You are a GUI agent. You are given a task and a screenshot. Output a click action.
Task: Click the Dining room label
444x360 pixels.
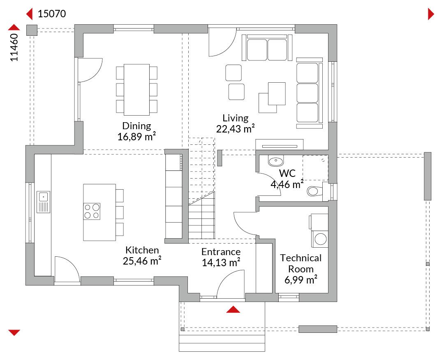tap(136, 125)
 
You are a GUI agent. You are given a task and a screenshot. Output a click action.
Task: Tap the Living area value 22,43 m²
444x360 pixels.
tap(235, 129)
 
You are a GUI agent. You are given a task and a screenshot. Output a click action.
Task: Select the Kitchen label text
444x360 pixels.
tap(142, 250)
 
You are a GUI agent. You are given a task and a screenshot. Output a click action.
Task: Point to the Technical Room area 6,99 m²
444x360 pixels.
tap(301, 280)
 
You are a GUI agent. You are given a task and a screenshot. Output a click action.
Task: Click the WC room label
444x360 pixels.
tap(287, 173)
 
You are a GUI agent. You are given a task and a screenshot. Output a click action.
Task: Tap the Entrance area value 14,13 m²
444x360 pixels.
tap(221, 262)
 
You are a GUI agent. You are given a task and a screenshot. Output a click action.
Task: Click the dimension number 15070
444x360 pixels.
tap(52, 14)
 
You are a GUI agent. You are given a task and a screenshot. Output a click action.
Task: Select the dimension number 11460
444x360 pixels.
tap(14, 47)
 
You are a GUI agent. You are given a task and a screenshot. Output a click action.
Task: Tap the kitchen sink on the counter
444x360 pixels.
tap(43, 202)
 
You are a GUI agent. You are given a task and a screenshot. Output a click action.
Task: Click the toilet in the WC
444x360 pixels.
tap(315, 191)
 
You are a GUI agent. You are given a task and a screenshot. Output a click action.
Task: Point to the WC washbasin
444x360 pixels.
tap(275, 161)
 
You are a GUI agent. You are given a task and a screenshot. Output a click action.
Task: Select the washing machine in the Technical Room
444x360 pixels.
tap(320, 239)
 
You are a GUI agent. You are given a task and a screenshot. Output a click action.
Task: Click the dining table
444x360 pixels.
tap(137, 90)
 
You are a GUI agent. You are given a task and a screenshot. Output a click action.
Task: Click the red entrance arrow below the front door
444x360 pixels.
tap(233, 309)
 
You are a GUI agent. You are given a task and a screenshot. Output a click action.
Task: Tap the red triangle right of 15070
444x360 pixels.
tap(431, 14)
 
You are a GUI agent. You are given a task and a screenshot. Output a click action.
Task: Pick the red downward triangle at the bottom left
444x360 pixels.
tap(14, 332)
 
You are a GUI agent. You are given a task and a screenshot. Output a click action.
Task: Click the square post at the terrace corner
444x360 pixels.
tap(32, 30)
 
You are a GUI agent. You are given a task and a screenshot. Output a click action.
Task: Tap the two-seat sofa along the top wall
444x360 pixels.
tap(267, 48)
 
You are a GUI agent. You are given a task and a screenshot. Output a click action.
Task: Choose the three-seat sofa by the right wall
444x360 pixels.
tap(309, 93)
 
